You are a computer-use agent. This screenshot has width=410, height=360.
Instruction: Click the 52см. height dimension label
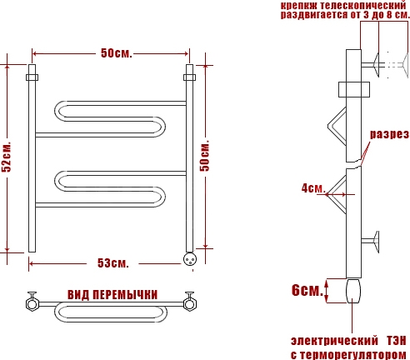[x=7, y=157]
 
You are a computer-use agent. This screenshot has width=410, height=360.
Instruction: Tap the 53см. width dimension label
[x=113, y=262]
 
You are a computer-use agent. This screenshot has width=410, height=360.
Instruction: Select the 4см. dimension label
[x=313, y=188]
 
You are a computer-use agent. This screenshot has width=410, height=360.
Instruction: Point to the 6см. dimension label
[x=307, y=290]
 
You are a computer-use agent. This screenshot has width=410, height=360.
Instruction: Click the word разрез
[x=389, y=134]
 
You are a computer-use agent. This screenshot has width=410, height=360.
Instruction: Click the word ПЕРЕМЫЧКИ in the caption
[x=125, y=295]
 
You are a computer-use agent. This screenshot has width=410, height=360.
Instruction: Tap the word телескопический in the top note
[x=362, y=5]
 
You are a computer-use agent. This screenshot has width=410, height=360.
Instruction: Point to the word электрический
[x=334, y=341]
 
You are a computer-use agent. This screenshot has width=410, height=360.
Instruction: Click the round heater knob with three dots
[x=190, y=259]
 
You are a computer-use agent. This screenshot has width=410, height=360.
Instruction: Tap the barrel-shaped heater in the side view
[x=353, y=291]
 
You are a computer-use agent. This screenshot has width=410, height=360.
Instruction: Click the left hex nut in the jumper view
[x=32, y=304]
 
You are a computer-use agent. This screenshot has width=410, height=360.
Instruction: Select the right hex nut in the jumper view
[x=190, y=304]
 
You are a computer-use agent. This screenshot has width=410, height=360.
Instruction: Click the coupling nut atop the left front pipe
[x=32, y=77]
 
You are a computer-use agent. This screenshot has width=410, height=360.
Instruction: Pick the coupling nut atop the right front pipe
[x=189, y=77]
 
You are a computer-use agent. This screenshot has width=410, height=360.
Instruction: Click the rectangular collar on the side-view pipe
[x=354, y=89]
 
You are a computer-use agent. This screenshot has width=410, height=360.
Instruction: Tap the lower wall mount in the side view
[x=371, y=242]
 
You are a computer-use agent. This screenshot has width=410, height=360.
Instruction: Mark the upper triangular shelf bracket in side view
[x=337, y=127]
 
